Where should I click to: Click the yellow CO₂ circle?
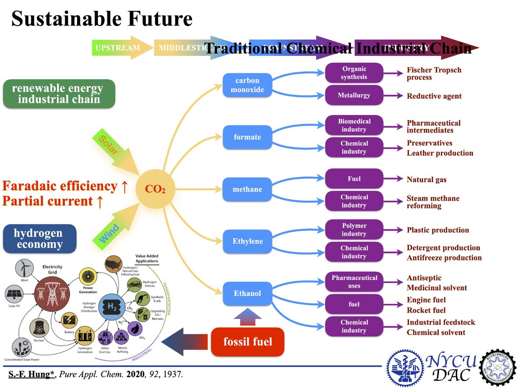tap(155, 189)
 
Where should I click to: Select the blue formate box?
tap(247, 137)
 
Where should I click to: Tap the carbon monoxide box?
tap(247, 85)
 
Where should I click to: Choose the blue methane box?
tap(247, 189)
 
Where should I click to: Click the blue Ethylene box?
tap(247, 241)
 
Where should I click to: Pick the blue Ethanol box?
tap(247, 293)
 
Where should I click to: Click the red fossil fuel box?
tap(248, 342)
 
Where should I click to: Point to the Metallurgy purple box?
tap(354, 95)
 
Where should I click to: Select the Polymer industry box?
tap(354, 230)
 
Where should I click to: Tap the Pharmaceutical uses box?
tap(354, 282)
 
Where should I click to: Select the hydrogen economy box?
tap(39, 239)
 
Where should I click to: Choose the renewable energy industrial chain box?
tap(59, 94)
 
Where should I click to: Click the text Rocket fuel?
tap(426, 310)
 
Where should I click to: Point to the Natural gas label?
tap(426, 179)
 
